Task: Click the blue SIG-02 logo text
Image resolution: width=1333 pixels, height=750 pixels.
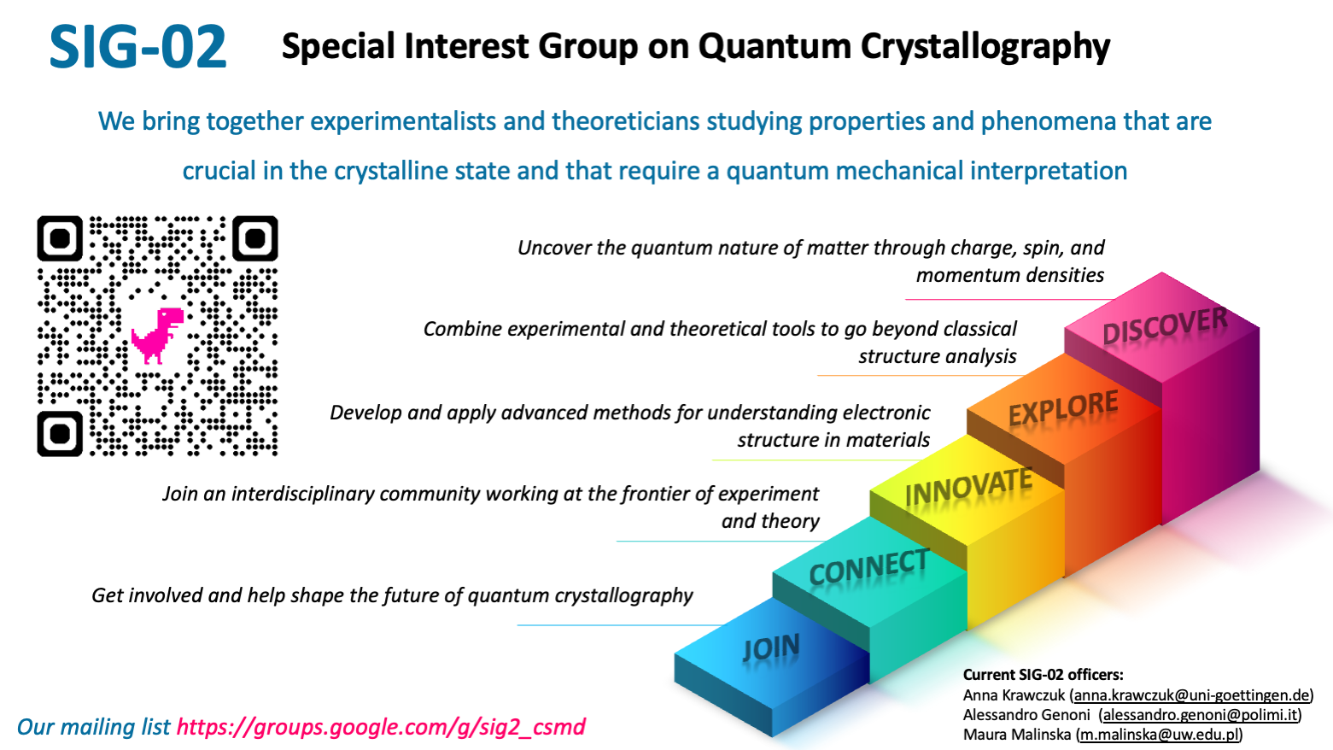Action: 137,46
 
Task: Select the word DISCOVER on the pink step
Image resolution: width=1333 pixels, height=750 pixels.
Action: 1165,326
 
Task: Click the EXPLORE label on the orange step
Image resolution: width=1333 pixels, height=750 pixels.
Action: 1063,408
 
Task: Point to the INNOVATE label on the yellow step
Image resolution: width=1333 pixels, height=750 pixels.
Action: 968,487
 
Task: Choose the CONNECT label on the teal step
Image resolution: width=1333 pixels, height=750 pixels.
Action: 868,567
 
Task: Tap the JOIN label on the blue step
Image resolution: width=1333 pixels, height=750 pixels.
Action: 771,647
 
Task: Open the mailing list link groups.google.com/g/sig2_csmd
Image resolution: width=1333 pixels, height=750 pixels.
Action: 381,727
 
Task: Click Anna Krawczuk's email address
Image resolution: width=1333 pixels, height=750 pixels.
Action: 1191,694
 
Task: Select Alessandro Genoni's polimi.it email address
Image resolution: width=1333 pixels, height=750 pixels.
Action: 1200,714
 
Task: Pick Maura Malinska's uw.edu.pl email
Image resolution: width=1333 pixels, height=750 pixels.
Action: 1160,734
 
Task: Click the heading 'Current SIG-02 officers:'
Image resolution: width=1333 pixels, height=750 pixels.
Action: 1044,675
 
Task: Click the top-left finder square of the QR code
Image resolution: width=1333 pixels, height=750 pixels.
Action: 60,238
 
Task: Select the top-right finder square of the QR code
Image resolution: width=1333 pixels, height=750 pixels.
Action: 255,238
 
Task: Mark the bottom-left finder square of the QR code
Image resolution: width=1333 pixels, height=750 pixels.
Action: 60,434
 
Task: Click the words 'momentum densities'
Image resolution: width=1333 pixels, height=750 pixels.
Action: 1010,275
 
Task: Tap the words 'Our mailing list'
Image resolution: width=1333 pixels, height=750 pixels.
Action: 93,727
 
